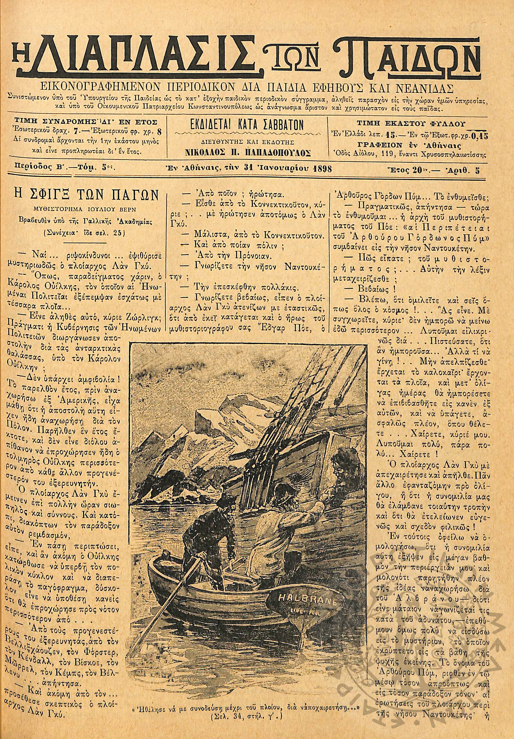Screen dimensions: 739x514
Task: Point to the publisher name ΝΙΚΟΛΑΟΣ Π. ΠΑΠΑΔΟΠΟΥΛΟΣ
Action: (248, 153)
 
